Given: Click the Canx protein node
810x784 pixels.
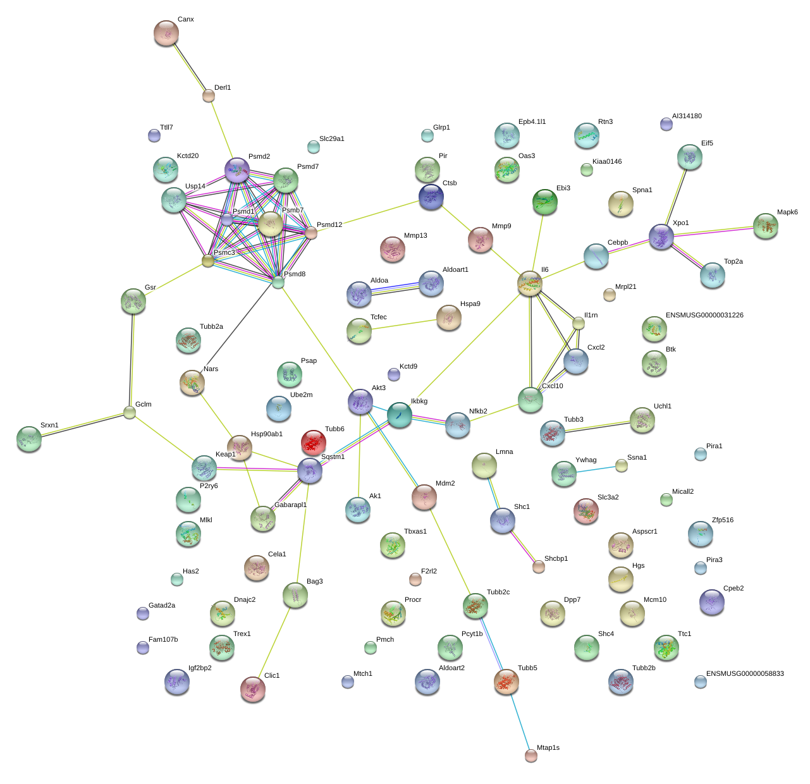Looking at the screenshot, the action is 166,33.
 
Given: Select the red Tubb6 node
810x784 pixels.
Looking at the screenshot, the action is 314,442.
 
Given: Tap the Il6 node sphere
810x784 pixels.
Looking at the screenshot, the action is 530,283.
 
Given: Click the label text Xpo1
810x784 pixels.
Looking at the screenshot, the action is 680,223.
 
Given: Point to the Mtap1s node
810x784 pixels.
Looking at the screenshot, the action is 531,755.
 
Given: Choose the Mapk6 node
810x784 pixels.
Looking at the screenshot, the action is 766,226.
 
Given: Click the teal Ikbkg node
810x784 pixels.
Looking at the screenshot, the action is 399,415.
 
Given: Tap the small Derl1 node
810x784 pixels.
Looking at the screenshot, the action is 209,96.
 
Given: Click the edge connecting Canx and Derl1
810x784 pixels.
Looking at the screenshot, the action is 188,65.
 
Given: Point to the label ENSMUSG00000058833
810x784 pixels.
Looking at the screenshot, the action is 745,674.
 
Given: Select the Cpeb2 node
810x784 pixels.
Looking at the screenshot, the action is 712,602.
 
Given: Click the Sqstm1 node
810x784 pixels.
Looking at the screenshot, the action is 310,471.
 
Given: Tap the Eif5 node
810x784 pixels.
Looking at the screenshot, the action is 689,157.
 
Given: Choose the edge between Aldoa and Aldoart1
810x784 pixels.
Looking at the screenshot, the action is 395,288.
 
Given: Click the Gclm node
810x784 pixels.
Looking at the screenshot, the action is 130,413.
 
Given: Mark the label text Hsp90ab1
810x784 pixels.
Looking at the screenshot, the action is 267,434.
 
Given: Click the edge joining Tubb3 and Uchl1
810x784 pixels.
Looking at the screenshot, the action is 598,427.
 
